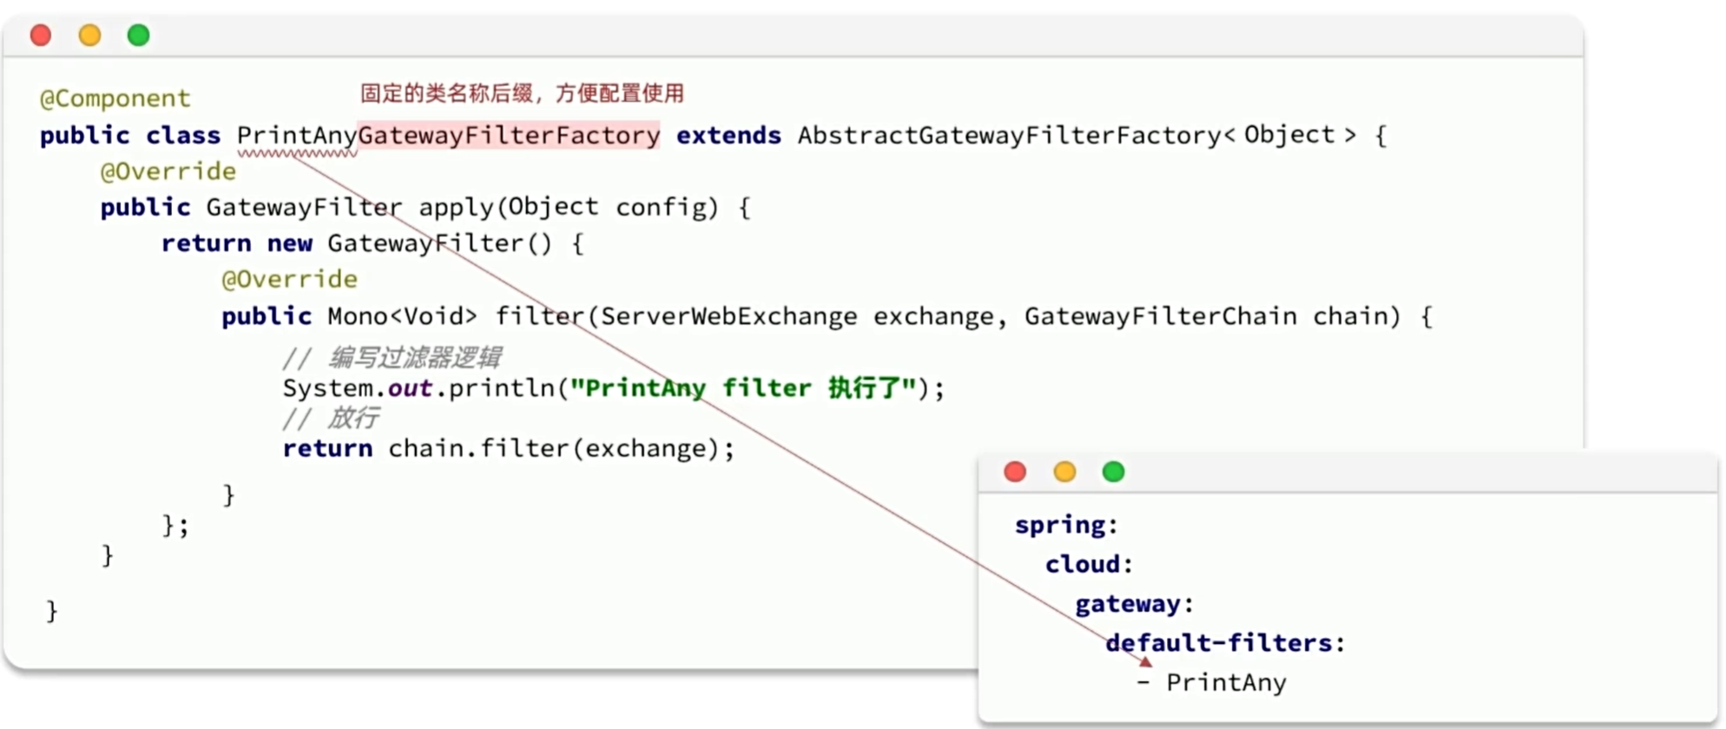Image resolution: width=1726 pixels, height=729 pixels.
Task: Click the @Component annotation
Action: (x=115, y=98)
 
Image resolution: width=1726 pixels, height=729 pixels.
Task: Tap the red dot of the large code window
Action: (x=41, y=36)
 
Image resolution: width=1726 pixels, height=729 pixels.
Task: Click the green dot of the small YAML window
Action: (x=1113, y=472)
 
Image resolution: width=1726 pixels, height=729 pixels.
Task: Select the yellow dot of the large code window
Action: (x=89, y=36)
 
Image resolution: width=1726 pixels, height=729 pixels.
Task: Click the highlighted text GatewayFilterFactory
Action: (x=509, y=136)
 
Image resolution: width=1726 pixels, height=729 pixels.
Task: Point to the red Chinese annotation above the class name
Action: (x=522, y=93)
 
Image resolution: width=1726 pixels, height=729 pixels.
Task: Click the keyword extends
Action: (x=728, y=136)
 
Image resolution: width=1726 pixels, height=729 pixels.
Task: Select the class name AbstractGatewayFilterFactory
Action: (x=1010, y=136)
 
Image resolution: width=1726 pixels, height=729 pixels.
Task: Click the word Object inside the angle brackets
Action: (x=1289, y=135)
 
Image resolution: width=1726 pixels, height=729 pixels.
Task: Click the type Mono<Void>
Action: (x=402, y=315)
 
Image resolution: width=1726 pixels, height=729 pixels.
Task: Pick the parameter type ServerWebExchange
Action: (x=728, y=316)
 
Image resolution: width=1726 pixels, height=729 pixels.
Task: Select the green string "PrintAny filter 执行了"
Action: (x=743, y=388)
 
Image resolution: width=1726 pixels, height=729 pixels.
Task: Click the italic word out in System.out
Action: (x=410, y=388)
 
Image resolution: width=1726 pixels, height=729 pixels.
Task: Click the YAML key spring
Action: (x=1060, y=526)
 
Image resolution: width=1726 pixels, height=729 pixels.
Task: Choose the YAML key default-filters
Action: (x=1219, y=643)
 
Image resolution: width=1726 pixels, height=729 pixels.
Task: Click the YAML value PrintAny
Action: (x=1226, y=683)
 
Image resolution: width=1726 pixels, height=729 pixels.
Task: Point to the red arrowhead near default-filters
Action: (x=1146, y=661)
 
